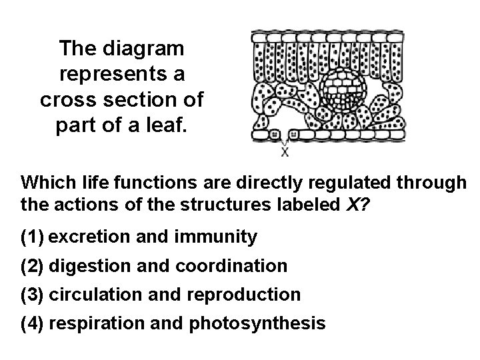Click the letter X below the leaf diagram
point(285,152)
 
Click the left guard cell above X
point(275,135)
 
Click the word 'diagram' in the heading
point(147,49)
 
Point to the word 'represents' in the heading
point(108,74)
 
